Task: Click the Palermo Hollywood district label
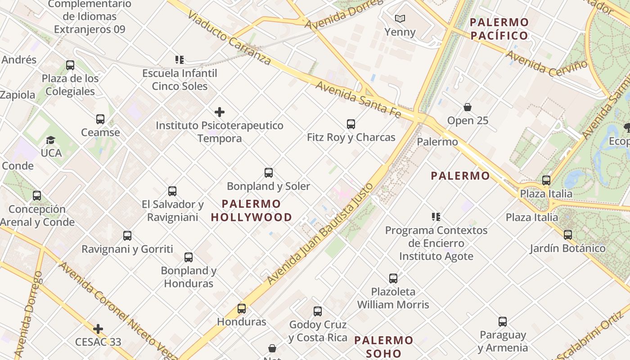pos(252,211)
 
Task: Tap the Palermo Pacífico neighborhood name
pos(499,29)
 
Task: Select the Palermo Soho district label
pos(383,346)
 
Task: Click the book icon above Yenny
pos(400,18)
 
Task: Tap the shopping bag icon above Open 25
pos(468,107)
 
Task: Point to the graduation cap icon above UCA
pos(51,140)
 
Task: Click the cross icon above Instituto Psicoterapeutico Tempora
pos(220,112)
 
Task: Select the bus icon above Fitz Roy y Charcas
pos(351,124)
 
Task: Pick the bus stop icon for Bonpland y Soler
pos(269,173)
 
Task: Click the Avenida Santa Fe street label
pos(358,99)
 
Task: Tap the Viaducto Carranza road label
pos(229,38)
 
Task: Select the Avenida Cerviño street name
pos(546,63)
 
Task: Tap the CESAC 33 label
pos(98,342)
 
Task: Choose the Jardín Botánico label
pos(567,248)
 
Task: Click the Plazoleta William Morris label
pos(393,298)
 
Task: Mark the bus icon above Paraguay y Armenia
pos(503,322)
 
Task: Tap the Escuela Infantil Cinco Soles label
pos(180,80)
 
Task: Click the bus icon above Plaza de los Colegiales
pos(70,65)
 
